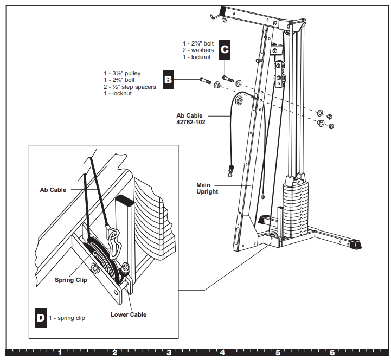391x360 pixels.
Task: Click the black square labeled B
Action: click(x=168, y=80)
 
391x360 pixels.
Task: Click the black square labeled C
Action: click(x=225, y=50)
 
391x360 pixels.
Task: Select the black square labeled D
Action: click(x=41, y=318)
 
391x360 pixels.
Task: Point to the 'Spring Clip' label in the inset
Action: click(x=71, y=280)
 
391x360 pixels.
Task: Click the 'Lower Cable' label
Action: click(x=129, y=314)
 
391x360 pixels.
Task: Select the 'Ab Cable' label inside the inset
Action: click(x=53, y=190)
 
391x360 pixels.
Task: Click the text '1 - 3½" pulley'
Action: click(x=122, y=73)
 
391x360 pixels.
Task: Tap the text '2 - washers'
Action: click(x=198, y=50)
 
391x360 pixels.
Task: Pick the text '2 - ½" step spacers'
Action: click(x=130, y=87)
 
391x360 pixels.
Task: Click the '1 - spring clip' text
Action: click(x=67, y=318)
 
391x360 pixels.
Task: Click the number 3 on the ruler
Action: click(x=169, y=352)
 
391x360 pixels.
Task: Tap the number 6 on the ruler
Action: click(x=332, y=352)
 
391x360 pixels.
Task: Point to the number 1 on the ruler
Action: click(x=60, y=352)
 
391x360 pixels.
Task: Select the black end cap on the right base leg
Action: click(x=356, y=245)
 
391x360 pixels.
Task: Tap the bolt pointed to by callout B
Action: click(x=204, y=81)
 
